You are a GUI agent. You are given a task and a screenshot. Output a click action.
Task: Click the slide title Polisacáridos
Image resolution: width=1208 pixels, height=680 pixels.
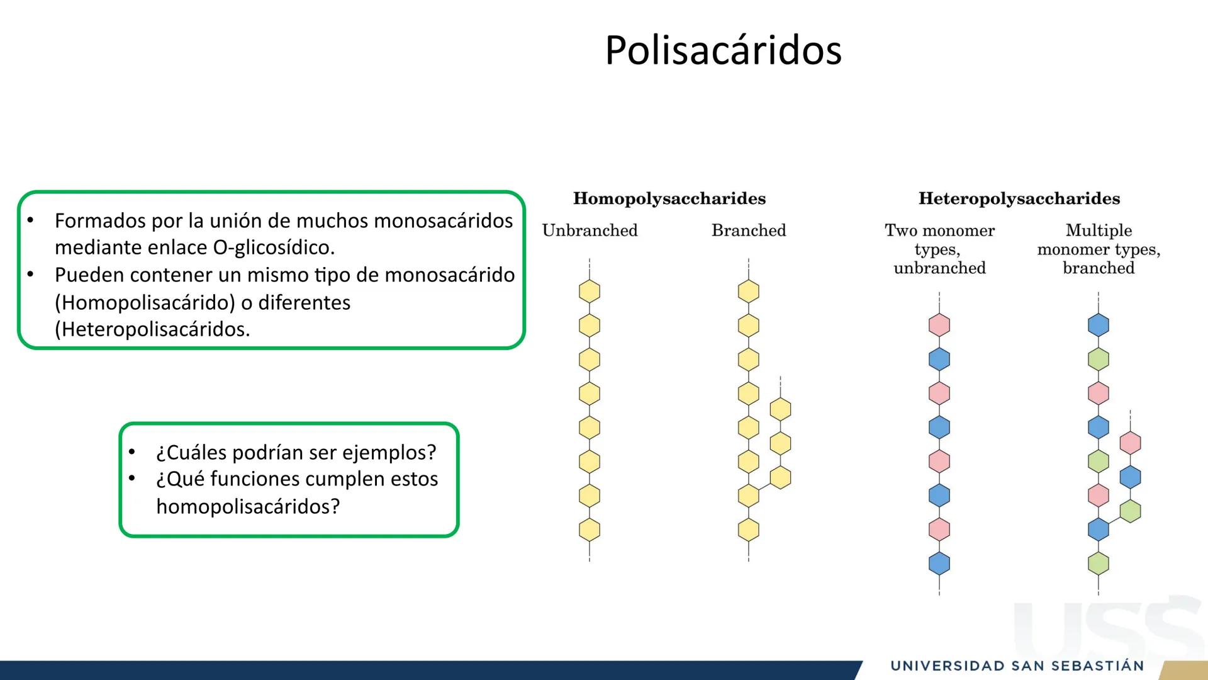(x=723, y=50)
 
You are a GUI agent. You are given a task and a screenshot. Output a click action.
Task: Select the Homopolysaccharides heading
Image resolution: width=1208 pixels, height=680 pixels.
(x=669, y=199)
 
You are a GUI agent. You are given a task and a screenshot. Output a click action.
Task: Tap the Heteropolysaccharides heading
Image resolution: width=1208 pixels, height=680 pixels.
(x=1019, y=199)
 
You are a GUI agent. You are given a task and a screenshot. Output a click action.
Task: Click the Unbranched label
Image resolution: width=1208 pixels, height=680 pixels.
(x=590, y=230)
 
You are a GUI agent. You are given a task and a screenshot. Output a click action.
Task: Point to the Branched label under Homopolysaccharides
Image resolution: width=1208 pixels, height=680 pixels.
(x=749, y=230)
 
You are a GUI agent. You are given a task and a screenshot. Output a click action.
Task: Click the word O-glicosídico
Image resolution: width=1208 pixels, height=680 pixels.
(x=274, y=247)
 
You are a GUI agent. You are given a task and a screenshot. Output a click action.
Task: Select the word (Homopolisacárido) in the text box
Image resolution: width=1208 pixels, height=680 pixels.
(x=145, y=303)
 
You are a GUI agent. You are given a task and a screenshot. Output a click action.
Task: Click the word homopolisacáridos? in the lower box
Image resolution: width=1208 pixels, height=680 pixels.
(x=248, y=506)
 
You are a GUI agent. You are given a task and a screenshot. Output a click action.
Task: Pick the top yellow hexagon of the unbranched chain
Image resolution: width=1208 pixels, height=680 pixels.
(x=590, y=292)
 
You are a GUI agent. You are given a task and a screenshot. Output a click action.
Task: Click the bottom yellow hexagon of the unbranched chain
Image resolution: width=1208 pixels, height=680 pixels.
(x=590, y=530)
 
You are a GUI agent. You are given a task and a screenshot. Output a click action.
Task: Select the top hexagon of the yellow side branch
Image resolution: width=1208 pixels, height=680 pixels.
(x=780, y=409)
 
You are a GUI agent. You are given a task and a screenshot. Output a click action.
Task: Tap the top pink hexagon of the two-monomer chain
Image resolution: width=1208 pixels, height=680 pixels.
(x=939, y=326)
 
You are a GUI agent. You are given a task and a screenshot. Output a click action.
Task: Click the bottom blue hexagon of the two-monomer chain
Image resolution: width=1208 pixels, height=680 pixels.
(x=939, y=564)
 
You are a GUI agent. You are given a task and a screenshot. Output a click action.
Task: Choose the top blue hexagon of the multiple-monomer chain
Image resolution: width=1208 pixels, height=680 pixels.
(x=1099, y=326)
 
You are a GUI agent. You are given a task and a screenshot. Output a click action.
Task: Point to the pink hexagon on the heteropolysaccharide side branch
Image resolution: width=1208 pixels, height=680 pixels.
(x=1130, y=443)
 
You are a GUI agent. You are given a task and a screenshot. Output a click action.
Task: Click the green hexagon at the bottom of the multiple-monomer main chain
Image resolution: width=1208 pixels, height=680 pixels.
(x=1099, y=564)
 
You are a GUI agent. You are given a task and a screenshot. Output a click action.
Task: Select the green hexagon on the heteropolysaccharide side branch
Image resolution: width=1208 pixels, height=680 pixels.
(x=1130, y=511)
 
